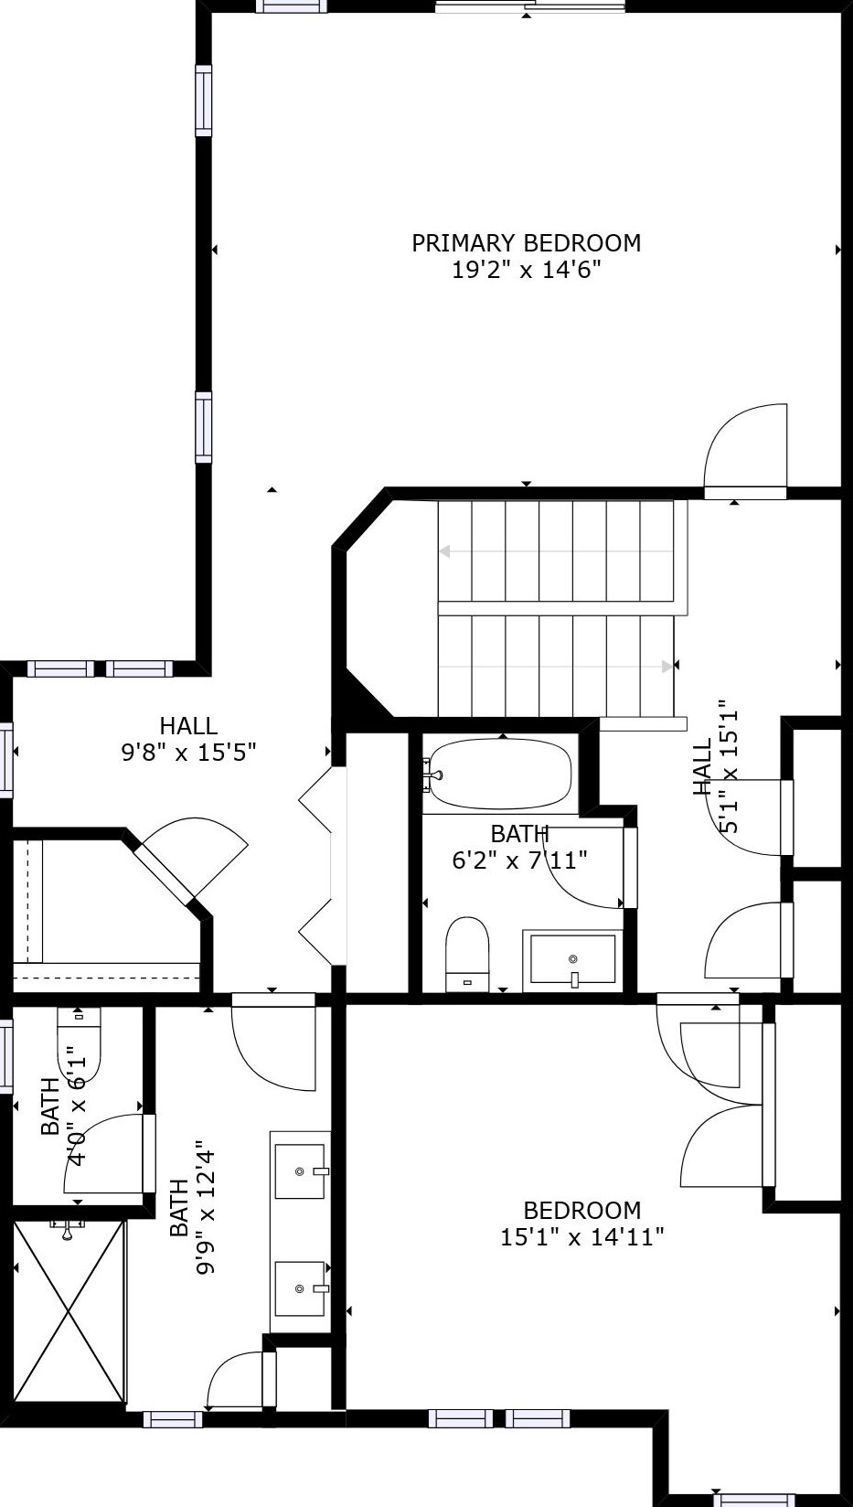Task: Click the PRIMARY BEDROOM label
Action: click(x=526, y=243)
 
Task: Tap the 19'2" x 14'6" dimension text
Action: click(x=526, y=270)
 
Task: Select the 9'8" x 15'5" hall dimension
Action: click(x=188, y=752)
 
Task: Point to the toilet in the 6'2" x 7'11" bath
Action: click(x=467, y=954)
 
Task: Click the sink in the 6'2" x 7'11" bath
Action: click(x=573, y=960)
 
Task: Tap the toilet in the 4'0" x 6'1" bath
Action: click(x=79, y=1043)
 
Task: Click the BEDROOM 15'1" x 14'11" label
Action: click(x=581, y=1224)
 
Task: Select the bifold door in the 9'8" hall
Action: click(x=323, y=866)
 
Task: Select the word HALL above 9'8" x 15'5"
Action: click(x=188, y=725)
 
